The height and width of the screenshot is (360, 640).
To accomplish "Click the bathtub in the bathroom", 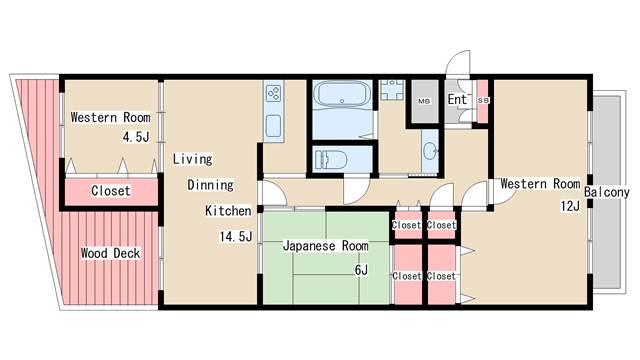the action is (x=342, y=95).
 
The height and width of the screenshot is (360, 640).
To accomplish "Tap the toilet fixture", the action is (x=331, y=160).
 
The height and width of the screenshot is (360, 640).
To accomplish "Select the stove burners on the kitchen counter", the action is (x=273, y=93).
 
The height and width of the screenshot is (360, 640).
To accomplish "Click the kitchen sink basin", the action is (x=273, y=126).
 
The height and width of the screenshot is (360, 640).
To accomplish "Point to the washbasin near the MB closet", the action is (x=430, y=151).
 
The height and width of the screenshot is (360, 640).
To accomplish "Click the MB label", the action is (x=424, y=101).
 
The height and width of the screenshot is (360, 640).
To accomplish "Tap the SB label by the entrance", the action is (x=483, y=100).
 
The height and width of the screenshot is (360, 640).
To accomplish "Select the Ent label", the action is (x=457, y=99).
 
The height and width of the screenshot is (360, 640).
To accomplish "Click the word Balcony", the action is (x=607, y=192).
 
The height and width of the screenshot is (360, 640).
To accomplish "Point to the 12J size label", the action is (x=570, y=206).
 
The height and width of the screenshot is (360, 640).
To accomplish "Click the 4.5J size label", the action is (x=136, y=137).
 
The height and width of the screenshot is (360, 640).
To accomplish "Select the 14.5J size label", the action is (x=236, y=236).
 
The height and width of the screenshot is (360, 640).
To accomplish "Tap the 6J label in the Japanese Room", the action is (x=361, y=270).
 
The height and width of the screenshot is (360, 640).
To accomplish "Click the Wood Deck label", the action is (x=110, y=253).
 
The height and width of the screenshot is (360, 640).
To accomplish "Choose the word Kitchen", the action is (x=228, y=211).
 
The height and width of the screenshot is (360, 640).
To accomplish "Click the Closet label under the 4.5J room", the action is (x=111, y=191).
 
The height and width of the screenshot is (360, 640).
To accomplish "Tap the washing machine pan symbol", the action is (x=392, y=90).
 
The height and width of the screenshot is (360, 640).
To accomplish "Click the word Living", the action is (x=192, y=159).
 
